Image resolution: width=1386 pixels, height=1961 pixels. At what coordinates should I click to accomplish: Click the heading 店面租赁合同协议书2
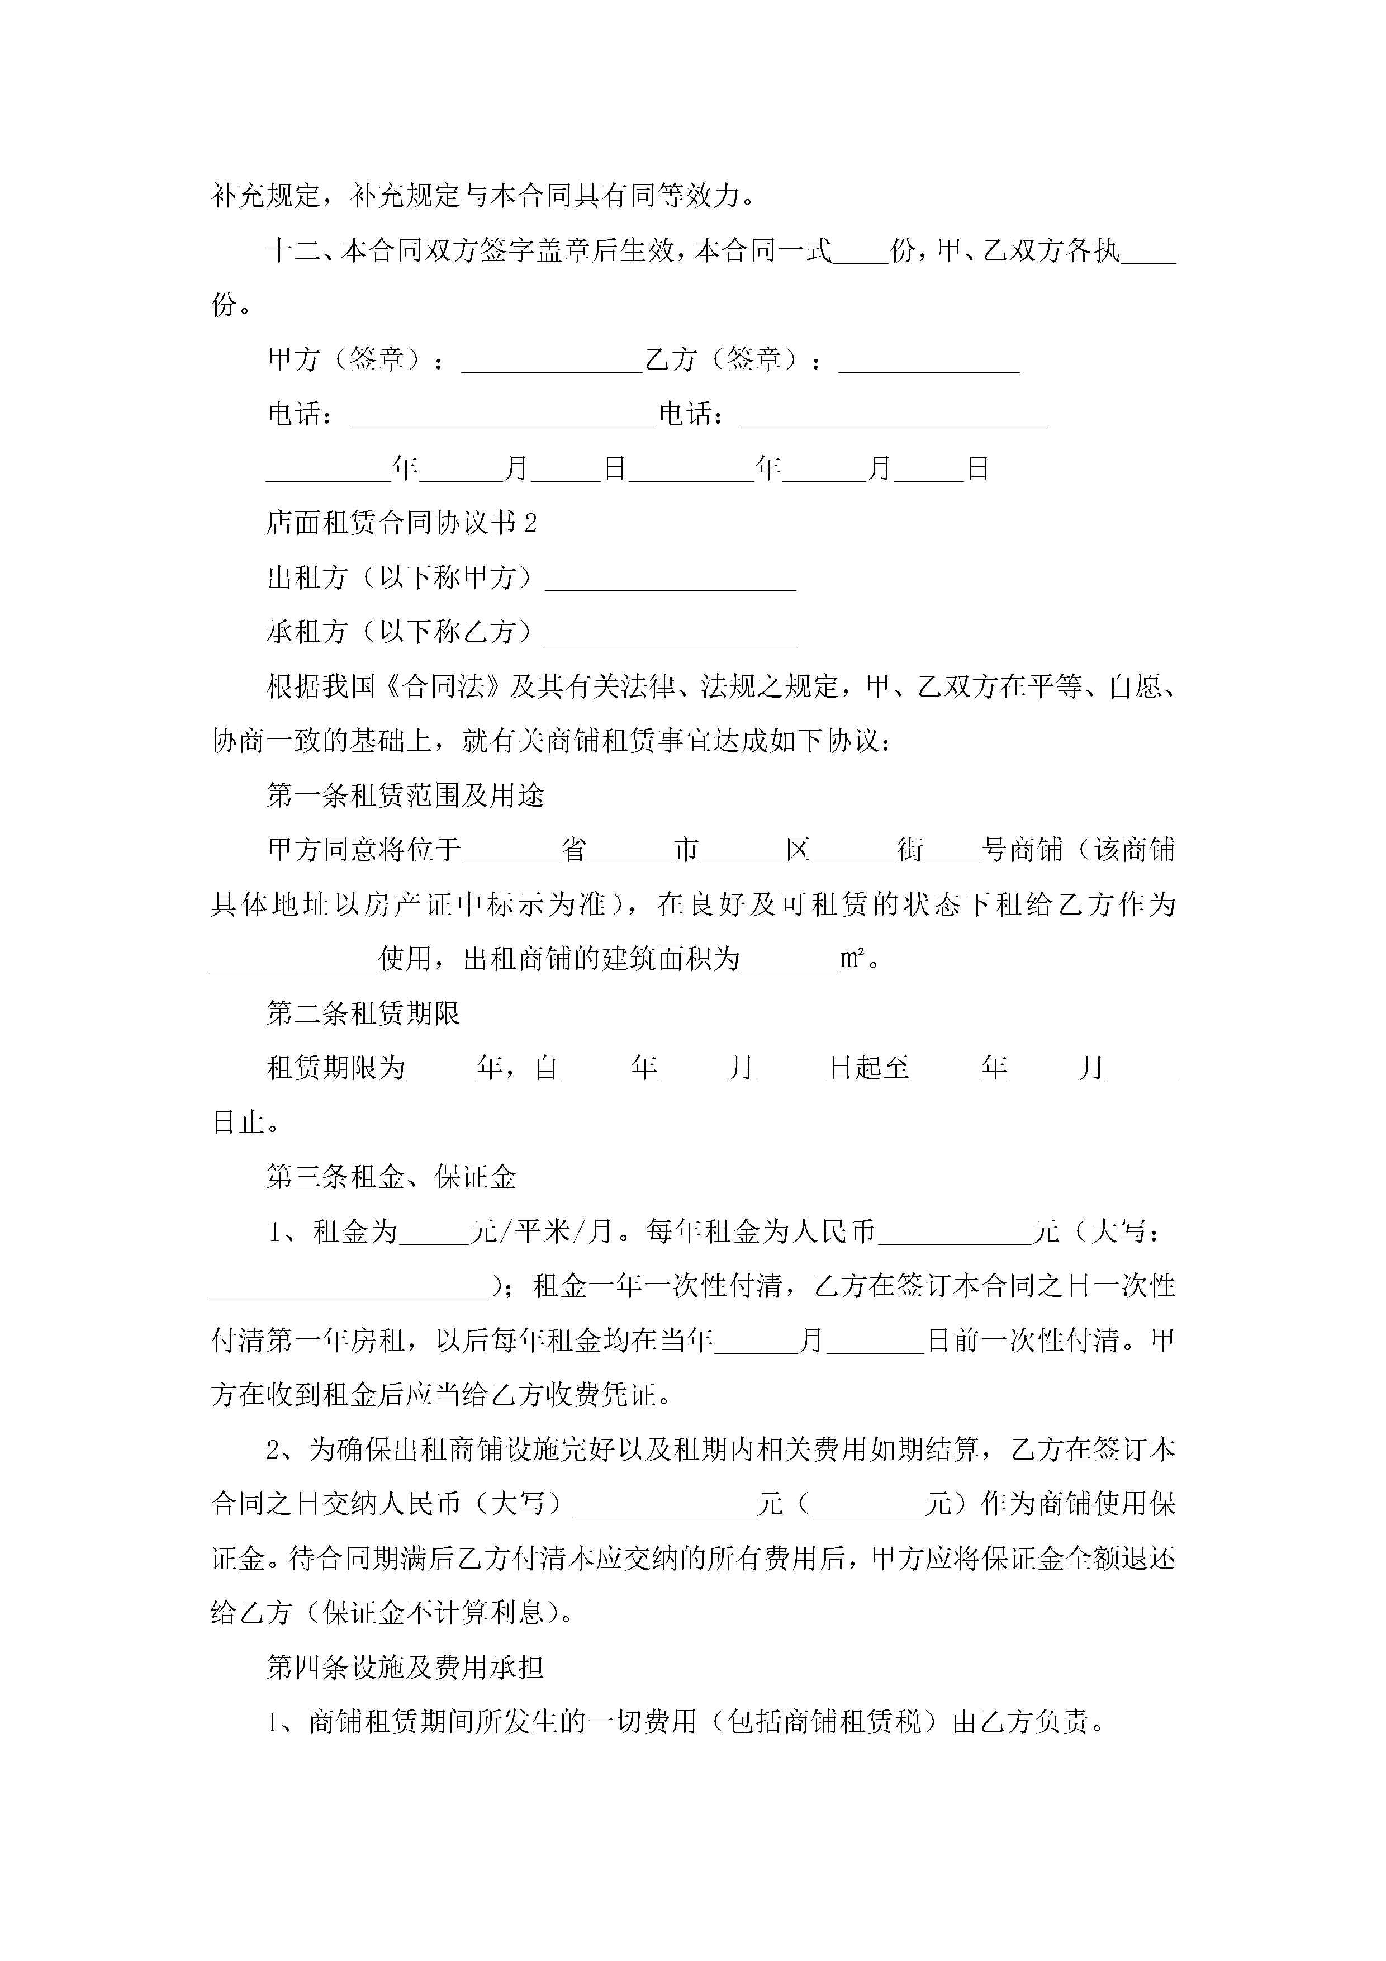click(401, 523)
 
